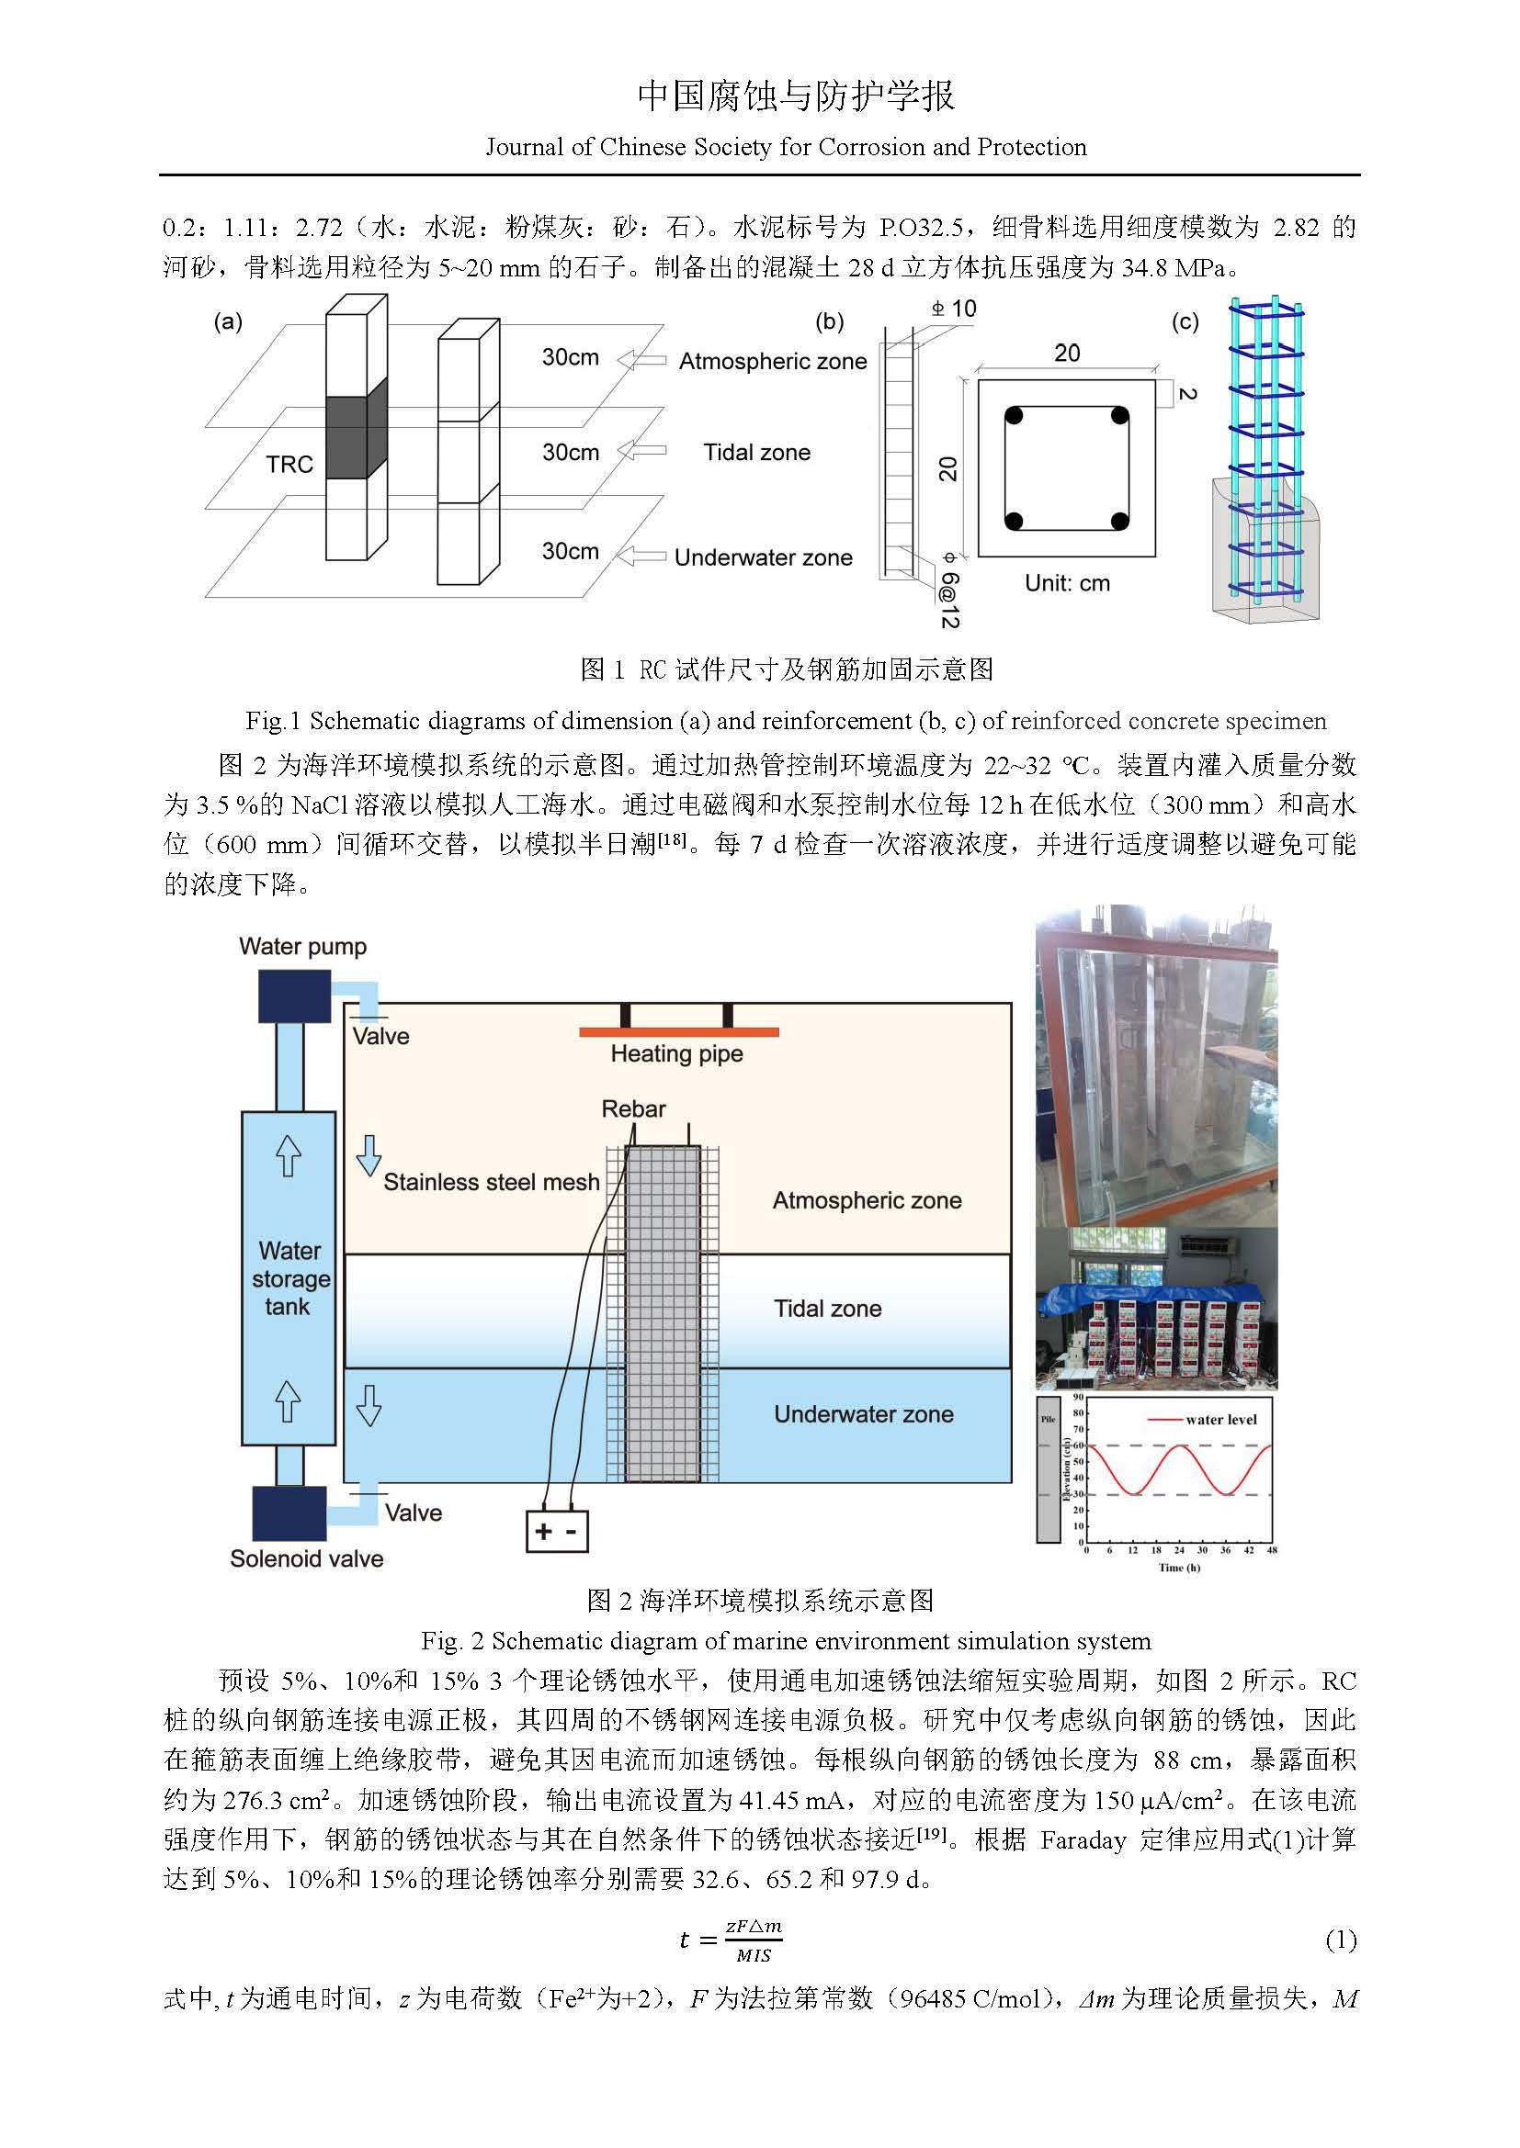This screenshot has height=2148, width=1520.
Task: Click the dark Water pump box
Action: point(295,996)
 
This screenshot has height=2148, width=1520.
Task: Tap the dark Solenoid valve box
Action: point(290,1513)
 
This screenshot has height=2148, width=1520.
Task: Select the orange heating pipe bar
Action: point(678,1032)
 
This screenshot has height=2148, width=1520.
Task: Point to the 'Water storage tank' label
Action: point(290,1278)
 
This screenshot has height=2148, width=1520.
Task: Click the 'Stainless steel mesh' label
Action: point(492,1183)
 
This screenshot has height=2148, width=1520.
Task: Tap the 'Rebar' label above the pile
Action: point(634,1109)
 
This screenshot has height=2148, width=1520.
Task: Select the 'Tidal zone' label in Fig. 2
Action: point(827,1309)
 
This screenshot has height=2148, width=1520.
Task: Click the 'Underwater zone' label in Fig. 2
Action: point(864,1414)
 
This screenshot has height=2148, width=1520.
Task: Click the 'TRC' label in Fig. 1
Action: point(289,465)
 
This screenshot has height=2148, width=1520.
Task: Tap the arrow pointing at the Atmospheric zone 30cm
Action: point(641,359)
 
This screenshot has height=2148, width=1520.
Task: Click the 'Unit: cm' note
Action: point(1067,584)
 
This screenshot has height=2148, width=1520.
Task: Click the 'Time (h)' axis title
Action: point(1178,1568)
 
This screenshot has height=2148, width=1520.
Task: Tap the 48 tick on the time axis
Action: point(1271,1550)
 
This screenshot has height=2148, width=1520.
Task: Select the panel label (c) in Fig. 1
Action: point(1185,322)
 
